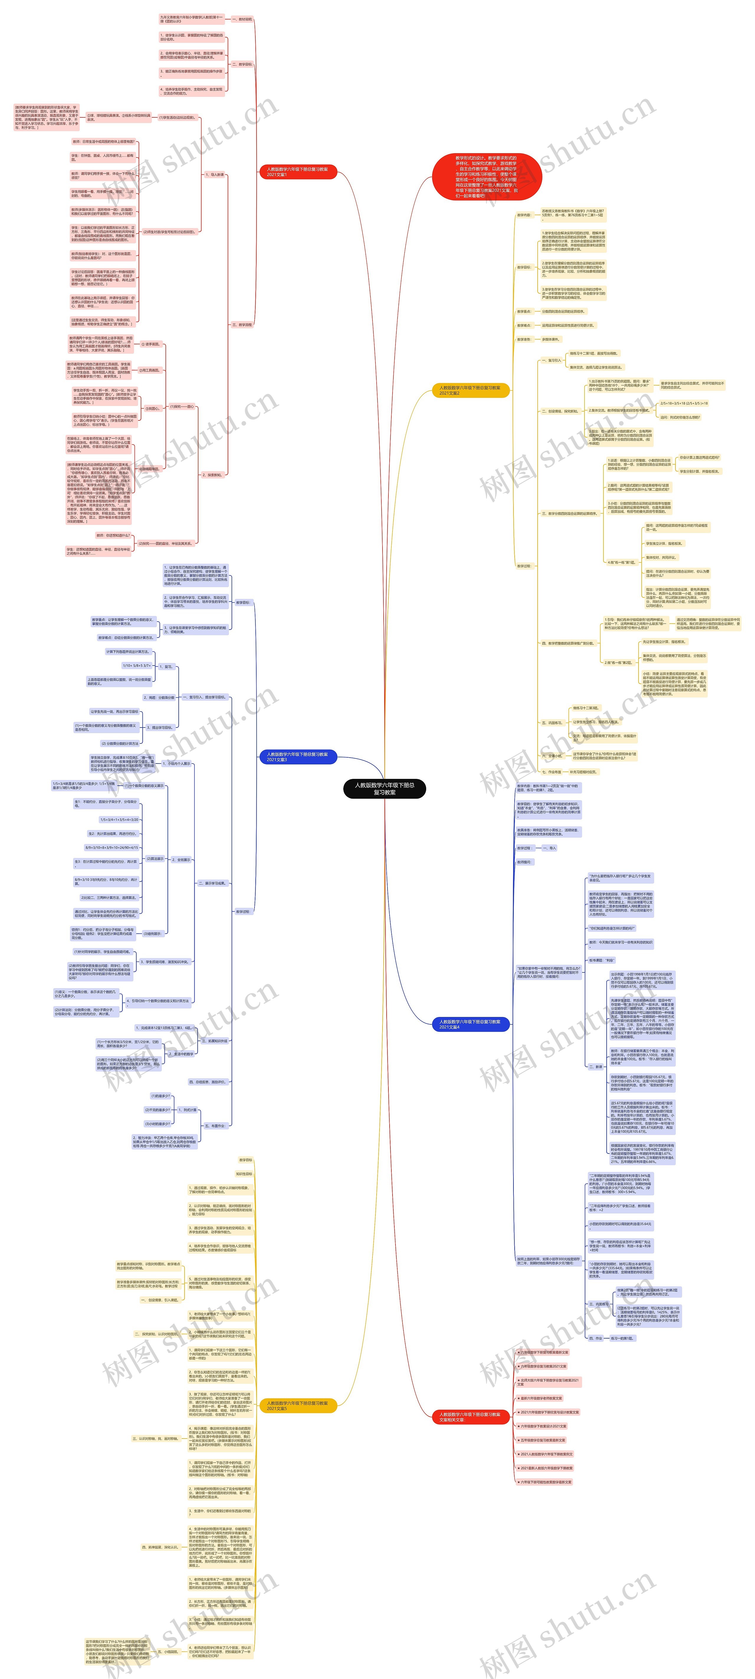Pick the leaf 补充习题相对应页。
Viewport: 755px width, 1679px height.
pyautogui.click(x=583, y=772)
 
